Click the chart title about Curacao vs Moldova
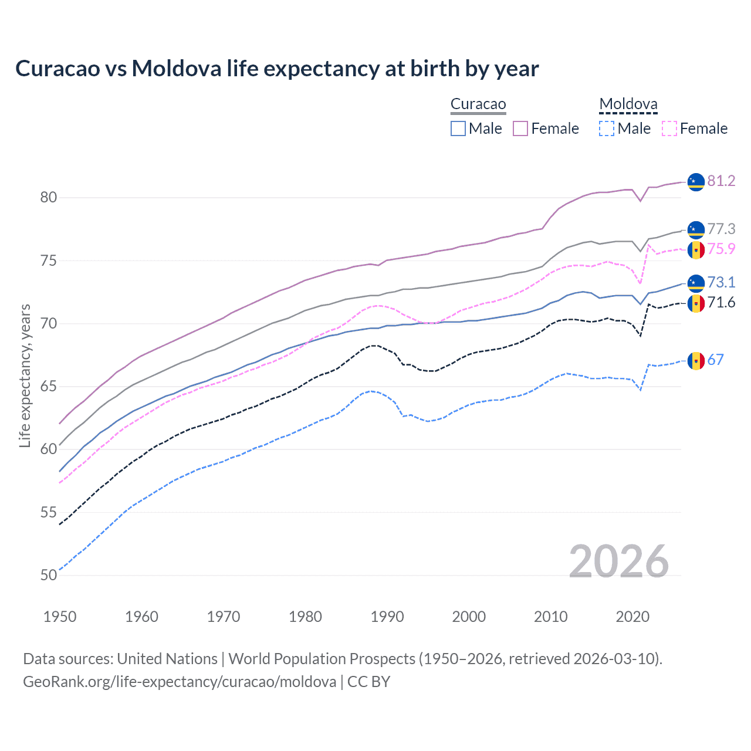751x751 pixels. pos(277,69)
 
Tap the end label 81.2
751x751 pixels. pos(721,181)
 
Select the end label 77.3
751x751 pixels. pos(721,229)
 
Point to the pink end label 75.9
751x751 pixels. pos(721,249)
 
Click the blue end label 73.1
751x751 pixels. pos(721,282)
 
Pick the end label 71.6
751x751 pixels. pos(721,302)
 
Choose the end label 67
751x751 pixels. pos(715,360)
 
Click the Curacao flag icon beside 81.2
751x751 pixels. pos(696,182)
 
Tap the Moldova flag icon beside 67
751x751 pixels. pos(696,360)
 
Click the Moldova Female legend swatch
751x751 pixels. pos(669,128)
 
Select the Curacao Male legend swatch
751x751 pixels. pos(458,128)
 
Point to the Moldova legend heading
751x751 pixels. pos(628,104)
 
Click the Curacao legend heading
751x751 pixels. pos(478,104)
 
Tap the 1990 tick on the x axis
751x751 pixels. pos(387,617)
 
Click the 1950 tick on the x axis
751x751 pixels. pos(60,617)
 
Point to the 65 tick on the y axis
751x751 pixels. pos(49,387)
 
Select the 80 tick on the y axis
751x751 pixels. pos(49,198)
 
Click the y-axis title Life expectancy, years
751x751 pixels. pos(25,375)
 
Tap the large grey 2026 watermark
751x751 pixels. pos(619,561)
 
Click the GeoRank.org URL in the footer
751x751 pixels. pos(180,682)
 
